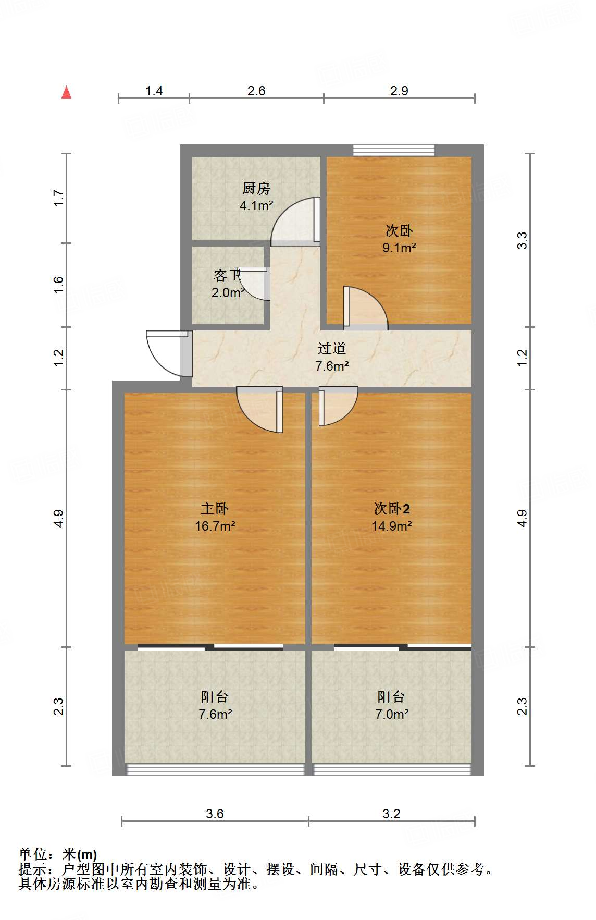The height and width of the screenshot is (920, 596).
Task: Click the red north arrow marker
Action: (x=66, y=93)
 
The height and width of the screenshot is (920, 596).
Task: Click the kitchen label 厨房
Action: (x=256, y=188)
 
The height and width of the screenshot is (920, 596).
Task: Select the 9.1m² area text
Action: (x=399, y=248)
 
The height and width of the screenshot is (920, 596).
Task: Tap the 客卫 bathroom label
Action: (x=228, y=275)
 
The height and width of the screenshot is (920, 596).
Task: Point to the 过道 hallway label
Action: (x=332, y=348)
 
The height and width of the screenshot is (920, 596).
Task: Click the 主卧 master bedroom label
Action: (x=215, y=508)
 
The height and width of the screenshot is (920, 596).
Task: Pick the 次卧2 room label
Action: (x=392, y=508)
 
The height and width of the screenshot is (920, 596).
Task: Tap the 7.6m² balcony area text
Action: (x=215, y=714)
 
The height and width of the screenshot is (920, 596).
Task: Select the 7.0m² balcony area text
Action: (x=392, y=714)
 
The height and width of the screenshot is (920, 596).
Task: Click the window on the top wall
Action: (x=393, y=150)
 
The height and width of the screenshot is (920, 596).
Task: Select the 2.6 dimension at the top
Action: (x=256, y=91)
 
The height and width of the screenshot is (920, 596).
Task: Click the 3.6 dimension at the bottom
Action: (x=215, y=814)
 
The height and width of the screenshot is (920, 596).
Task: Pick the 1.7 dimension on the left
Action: (x=58, y=198)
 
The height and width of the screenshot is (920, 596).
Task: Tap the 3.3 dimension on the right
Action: (x=522, y=240)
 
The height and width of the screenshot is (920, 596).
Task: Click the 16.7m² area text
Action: (x=215, y=526)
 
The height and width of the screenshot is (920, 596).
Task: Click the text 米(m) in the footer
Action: (x=80, y=854)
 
